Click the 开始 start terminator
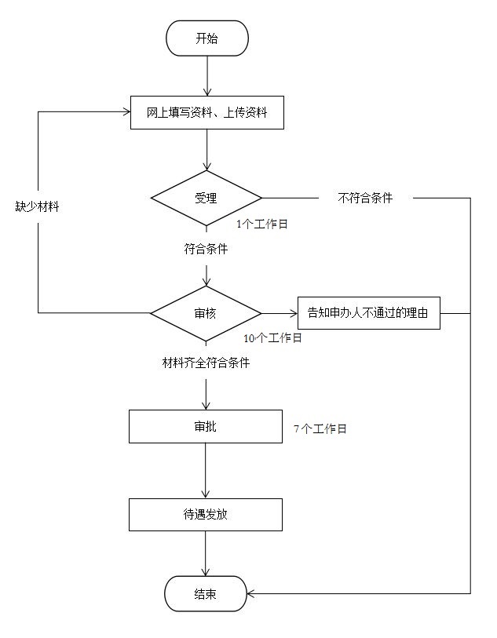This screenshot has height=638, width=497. click(x=206, y=38)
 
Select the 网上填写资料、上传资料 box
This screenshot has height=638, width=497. click(x=206, y=112)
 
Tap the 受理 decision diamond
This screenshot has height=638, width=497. click(x=206, y=198)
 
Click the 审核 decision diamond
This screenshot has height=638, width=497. click(x=206, y=313)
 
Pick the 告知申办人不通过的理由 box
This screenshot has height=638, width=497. click(x=368, y=313)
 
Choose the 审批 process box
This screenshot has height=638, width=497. click(x=206, y=427)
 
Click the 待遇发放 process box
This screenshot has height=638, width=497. click(x=206, y=515)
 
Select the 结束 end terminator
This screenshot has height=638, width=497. click(x=206, y=594)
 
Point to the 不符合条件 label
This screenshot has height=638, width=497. click(x=365, y=199)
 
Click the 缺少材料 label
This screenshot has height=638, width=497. click(x=38, y=207)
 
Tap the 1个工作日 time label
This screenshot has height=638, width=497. click(x=262, y=224)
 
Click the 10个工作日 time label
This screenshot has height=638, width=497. click(x=272, y=338)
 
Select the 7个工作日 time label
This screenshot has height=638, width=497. click(x=320, y=429)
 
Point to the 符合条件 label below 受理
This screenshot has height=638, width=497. click(x=206, y=249)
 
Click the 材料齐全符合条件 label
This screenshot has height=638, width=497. click(x=206, y=363)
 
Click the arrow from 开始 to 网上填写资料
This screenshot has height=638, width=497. click(x=206, y=75)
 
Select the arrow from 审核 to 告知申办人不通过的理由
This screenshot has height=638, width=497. click(x=279, y=313)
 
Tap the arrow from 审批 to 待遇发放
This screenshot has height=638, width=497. click(x=206, y=471)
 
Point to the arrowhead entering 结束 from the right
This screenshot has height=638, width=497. click(x=252, y=594)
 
